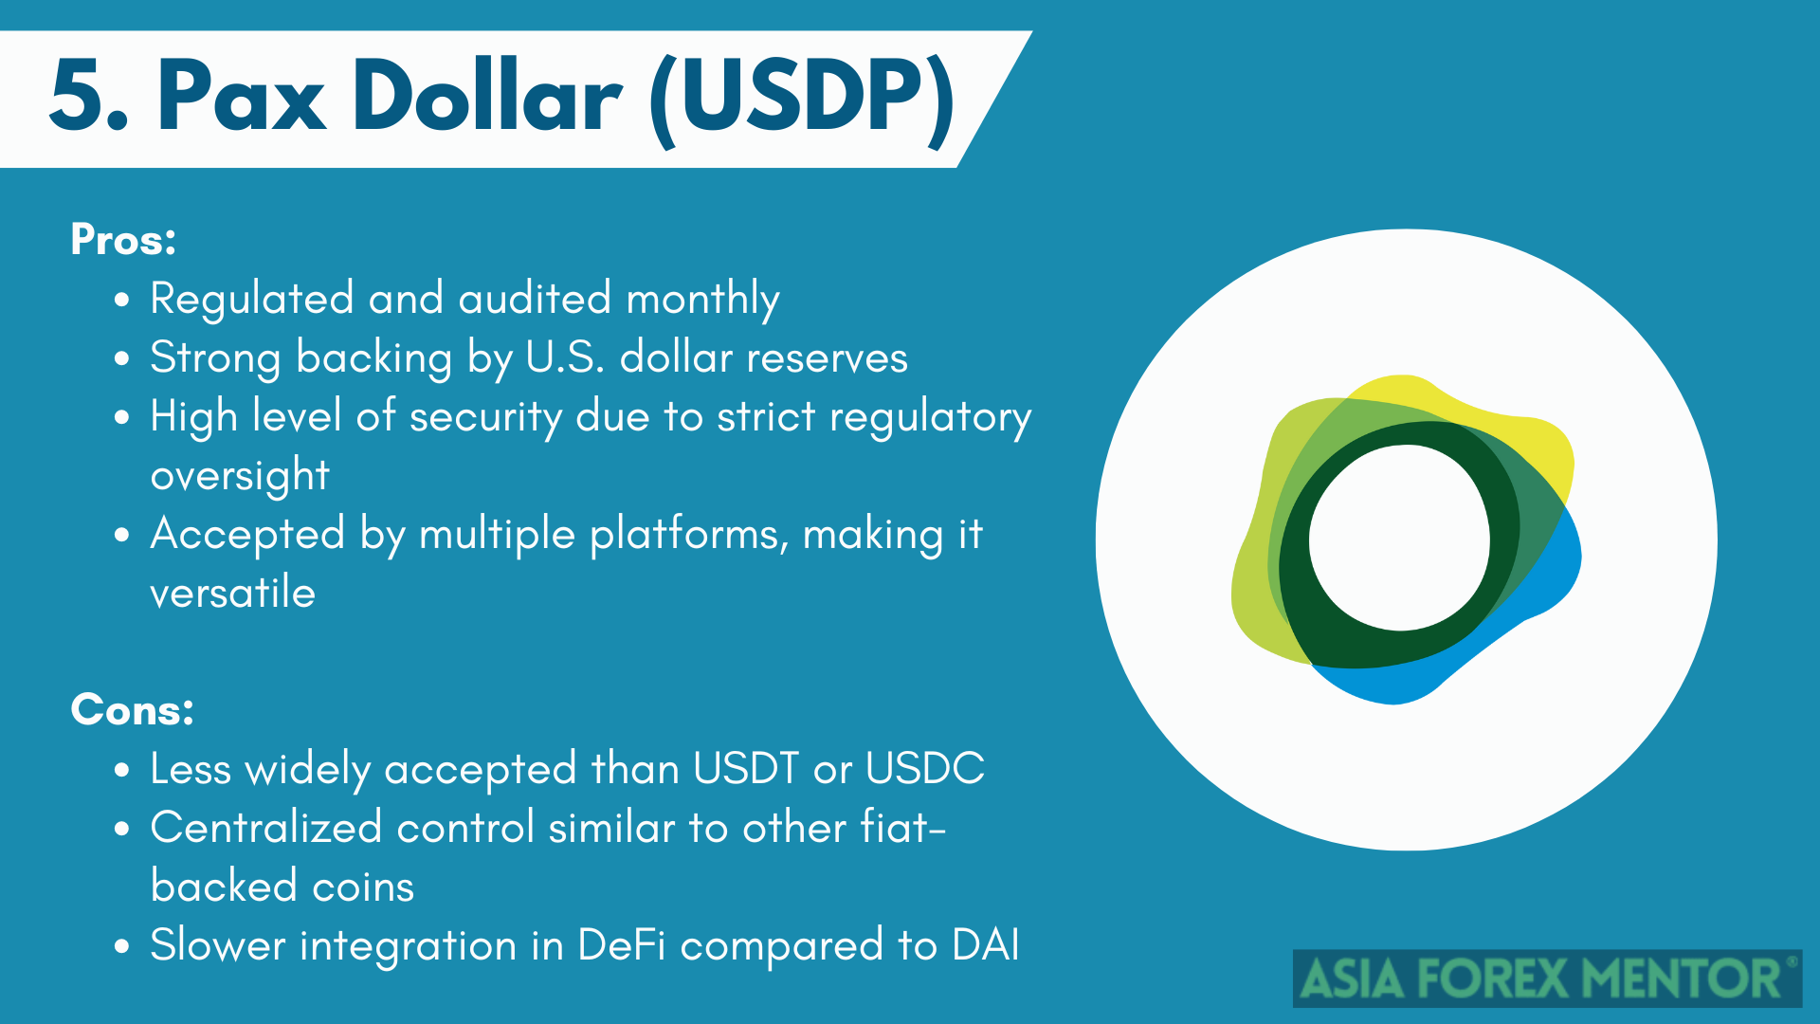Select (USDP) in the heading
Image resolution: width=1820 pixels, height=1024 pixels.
(x=802, y=99)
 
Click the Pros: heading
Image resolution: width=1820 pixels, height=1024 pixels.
(x=123, y=239)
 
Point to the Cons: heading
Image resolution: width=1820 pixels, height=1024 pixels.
(x=133, y=709)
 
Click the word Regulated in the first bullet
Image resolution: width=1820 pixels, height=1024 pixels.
(x=252, y=301)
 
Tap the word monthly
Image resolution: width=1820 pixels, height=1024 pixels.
(x=702, y=301)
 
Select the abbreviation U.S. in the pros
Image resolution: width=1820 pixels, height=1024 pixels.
(x=565, y=357)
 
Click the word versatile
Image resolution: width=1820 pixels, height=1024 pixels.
(x=233, y=593)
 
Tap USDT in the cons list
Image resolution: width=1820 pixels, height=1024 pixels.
(x=746, y=768)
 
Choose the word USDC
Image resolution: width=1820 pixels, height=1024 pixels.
(x=925, y=768)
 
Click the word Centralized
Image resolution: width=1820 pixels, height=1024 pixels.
(x=266, y=827)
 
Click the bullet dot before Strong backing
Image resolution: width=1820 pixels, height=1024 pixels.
(x=121, y=359)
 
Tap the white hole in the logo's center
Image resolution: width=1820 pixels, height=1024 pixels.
(x=1399, y=538)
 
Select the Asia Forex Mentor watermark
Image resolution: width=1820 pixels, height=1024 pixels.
(x=1548, y=978)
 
